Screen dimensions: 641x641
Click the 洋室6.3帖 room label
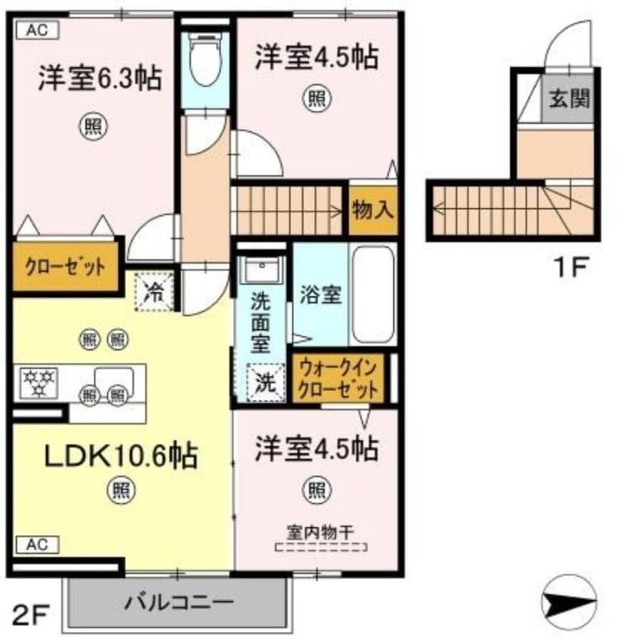100,79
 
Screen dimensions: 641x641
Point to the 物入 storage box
373,210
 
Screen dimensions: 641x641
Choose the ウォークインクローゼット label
338,380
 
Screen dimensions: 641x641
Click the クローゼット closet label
64,267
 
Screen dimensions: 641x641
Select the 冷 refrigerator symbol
154,292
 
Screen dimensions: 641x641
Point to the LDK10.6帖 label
120,456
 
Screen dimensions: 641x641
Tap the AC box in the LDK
36,543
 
